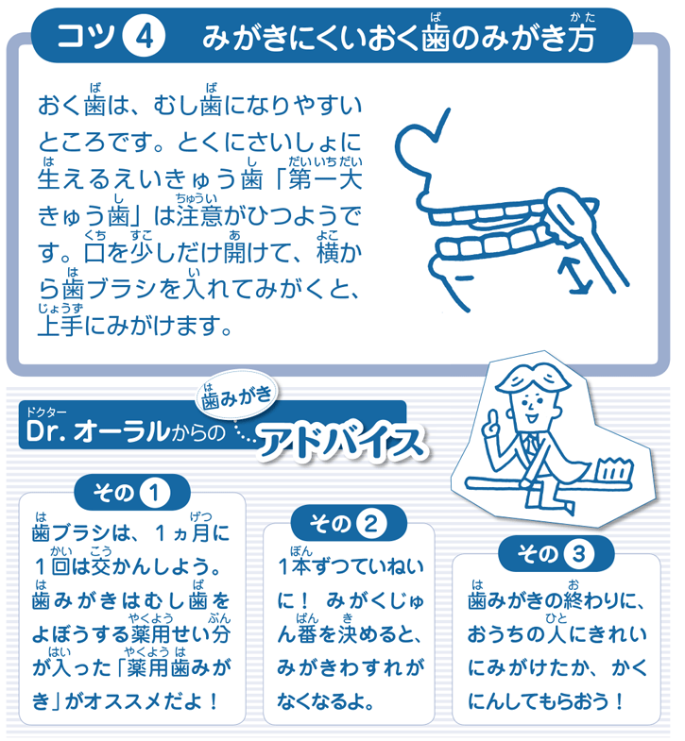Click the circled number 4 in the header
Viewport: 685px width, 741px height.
(144, 37)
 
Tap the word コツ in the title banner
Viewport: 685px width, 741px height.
(86, 36)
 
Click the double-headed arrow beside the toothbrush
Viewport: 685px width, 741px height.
(574, 276)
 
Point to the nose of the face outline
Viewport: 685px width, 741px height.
(423, 197)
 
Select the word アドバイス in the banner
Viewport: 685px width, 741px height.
(341, 442)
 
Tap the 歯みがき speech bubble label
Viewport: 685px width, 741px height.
(237, 397)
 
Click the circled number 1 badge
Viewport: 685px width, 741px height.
(154, 494)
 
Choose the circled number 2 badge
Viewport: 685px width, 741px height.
(371, 524)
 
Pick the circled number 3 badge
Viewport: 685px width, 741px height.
(578, 554)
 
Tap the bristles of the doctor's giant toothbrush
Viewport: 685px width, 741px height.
(614, 469)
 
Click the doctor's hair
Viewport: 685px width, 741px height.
(531, 379)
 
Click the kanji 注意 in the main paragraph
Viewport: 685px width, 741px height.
(199, 215)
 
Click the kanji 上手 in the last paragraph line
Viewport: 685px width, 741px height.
(60, 326)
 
